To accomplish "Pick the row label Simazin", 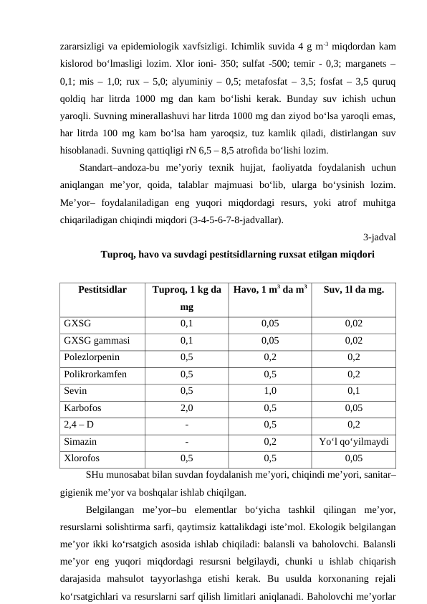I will click(80, 440).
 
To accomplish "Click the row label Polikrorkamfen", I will click(95, 374).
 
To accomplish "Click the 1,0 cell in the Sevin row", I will click(270, 391).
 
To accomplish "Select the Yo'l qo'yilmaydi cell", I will click(353, 440).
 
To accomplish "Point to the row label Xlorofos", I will click(82, 457).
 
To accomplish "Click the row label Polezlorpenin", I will click(92, 357).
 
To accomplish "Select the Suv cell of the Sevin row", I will click(353, 391).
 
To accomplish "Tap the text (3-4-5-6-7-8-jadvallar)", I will click(236, 220).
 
